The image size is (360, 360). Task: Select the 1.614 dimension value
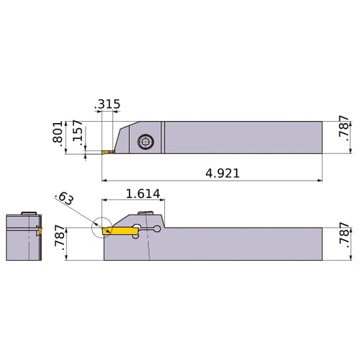pos(142,194)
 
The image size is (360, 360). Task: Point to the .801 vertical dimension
pos(58,135)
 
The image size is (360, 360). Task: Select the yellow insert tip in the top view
pos(107,153)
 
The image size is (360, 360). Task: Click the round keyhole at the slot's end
pos(158,229)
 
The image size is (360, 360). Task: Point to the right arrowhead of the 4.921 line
pos(319,180)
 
